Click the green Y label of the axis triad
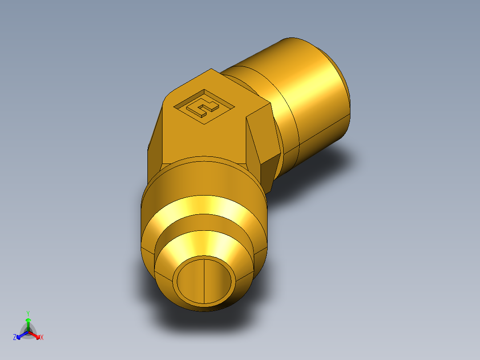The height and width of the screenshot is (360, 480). [x=28, y=313]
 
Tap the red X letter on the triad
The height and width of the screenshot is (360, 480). [x=42, y=337]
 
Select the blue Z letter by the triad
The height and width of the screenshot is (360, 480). [x=15, y=337]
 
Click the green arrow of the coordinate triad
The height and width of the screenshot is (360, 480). [x=28, y=322]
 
